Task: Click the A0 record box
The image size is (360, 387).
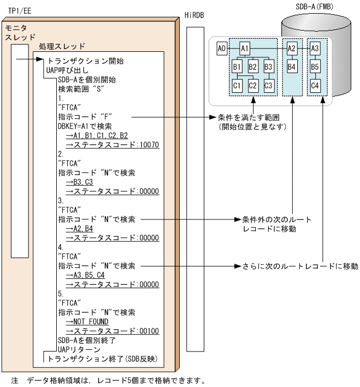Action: (221, 49)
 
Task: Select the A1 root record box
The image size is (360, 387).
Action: (245, 49)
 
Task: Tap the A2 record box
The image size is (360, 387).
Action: (292, 49)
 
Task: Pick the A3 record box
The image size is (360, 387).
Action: (315, 49)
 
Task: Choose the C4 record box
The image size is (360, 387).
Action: (315, 85)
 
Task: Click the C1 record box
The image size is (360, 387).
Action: (238, 85)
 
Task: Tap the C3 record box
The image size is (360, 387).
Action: (268, 85)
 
